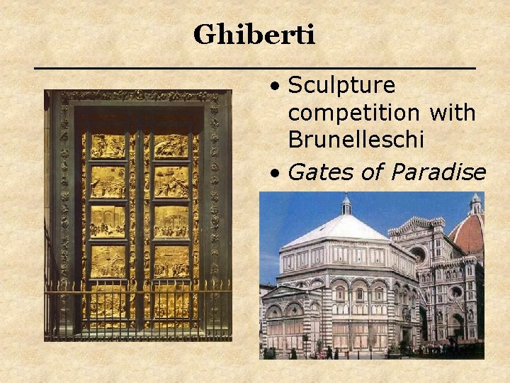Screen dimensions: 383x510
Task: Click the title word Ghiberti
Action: click(254, 34)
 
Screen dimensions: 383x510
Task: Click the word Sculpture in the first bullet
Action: click(341, 86)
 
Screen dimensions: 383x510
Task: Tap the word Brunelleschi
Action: click(356, 140)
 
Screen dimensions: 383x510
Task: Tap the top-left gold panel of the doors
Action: click(107, 146)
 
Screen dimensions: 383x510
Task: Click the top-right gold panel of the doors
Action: click(171, 146)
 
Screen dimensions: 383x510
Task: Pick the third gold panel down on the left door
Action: click(107, 221)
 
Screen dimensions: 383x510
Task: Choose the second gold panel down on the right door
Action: click(171, 182)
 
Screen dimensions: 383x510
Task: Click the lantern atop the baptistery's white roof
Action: click(346, 205)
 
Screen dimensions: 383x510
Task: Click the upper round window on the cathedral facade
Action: click(418, 254)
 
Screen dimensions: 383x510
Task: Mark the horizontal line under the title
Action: click(255, 67)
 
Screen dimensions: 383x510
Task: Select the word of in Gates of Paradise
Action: click(371, 172)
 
